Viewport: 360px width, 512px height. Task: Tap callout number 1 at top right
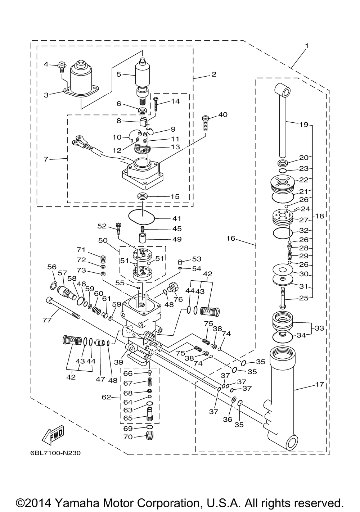[307, 46]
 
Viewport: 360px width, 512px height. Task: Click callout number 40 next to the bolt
[222, 114]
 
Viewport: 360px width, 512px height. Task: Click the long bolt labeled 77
[63, 308]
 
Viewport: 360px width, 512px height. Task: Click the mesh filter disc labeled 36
[233, 399]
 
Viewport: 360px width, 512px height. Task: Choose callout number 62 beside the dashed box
[106, 397]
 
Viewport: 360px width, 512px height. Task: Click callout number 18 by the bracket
[320, 216]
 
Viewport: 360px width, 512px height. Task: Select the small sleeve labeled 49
[143, 239]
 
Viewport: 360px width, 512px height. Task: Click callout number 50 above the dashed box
[103, 240]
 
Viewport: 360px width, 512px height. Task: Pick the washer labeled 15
[142, 196]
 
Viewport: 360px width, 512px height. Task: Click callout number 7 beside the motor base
[46, 159]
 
